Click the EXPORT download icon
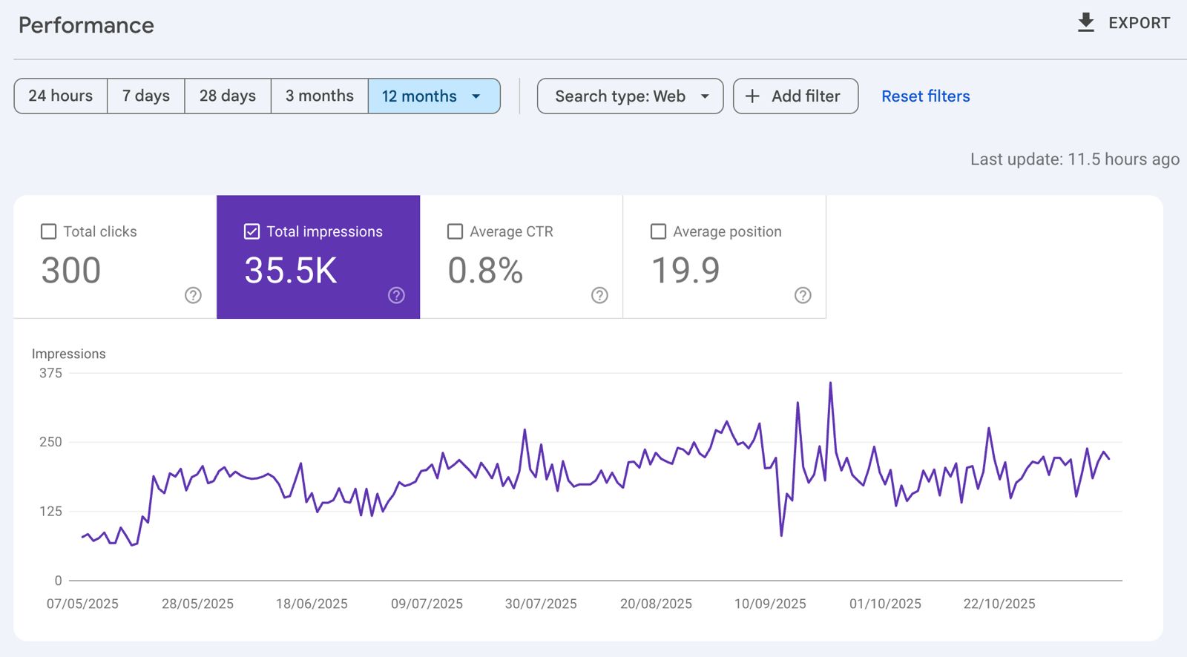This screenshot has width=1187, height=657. tap(1085, 22)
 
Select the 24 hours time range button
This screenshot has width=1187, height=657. tap(61, 96)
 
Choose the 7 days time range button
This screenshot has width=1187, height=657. tap(146, 96)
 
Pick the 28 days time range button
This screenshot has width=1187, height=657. tap(228, 96)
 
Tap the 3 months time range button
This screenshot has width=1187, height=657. tap(320, 96)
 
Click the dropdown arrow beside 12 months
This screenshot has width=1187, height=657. tap(476, 96)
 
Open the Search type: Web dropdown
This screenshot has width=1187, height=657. tap(630, 96)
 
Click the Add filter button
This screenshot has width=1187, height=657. tap(795, 96)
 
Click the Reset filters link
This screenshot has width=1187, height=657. tap(925, 96)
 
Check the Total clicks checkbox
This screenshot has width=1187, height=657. tap(49, 231)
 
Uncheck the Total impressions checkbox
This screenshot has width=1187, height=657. tap(252, 231)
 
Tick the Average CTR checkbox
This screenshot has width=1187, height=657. tap(456, 231)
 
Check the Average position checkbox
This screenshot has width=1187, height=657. tap(658, 231)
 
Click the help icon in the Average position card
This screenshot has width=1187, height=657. tap(803, 295)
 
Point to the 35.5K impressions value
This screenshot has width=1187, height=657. tap(291, 271)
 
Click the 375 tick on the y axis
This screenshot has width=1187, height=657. tap(50, 373)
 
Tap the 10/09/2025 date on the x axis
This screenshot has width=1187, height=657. tap(770, 604)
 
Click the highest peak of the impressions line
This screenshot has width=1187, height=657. tap(830, 383)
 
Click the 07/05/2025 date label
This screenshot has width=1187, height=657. tap(82, 604)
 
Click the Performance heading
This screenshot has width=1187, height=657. tap(86, 25)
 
